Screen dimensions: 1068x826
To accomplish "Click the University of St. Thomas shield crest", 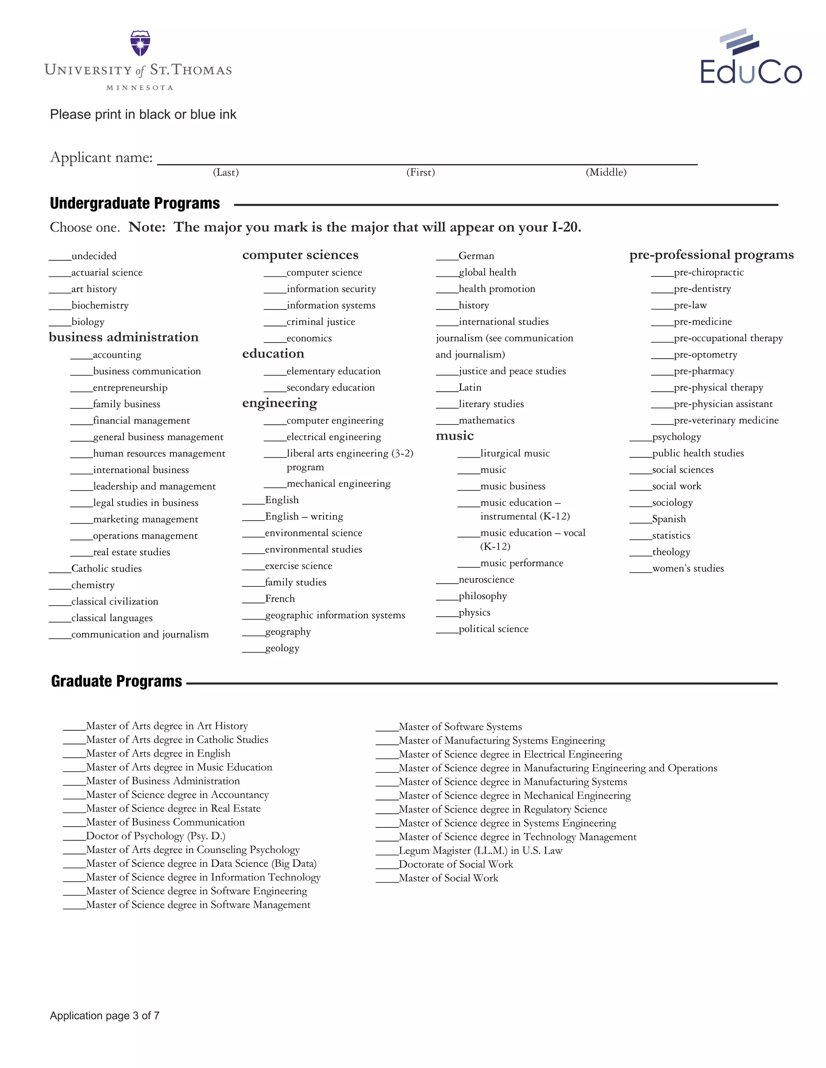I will click(140, 44).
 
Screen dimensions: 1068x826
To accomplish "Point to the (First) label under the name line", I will click(420, 172).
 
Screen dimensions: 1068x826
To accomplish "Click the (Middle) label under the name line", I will click(606, 172).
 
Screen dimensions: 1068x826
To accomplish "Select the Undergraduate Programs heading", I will click(135, 204).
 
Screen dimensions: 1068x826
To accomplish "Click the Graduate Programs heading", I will click(117, 681).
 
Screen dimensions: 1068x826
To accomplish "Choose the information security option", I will click(331, 289).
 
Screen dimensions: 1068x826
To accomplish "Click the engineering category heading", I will click(280, 403).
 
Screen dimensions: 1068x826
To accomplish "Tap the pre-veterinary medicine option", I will click(726, 420).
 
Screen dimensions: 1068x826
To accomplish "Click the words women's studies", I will click(688, 568).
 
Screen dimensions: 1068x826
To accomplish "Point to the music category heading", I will click(455, 436).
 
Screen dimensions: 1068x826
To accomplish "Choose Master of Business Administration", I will click(163, 781).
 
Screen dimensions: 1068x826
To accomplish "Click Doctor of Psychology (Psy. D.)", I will click(155, 836).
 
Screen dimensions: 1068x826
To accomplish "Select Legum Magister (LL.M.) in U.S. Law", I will click(480, 850).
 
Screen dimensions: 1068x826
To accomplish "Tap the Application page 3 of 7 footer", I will click(105, 1016).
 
